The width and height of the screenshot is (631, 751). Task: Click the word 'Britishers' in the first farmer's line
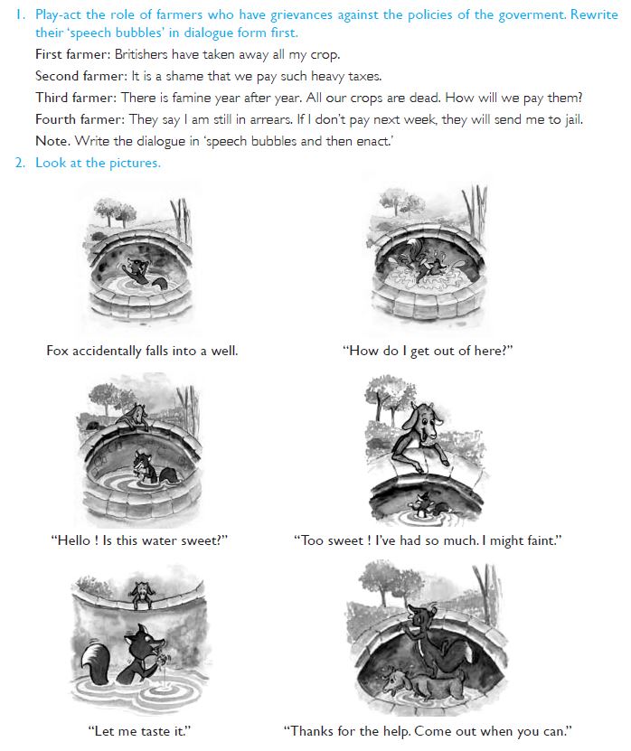click(141, 54)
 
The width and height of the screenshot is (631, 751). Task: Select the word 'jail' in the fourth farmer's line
click(573, 119)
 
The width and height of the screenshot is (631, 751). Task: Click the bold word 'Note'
click(52, 141)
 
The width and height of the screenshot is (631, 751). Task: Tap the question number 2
click(20, 163)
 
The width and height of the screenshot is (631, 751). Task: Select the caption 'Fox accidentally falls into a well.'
click(142, 351)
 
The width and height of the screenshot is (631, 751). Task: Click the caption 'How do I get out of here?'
click(428, 351)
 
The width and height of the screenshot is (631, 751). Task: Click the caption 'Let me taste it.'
click(139, 731)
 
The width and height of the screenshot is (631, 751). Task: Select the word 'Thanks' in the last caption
click(313, 731)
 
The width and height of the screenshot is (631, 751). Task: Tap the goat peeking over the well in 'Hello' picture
click(136, 415)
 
